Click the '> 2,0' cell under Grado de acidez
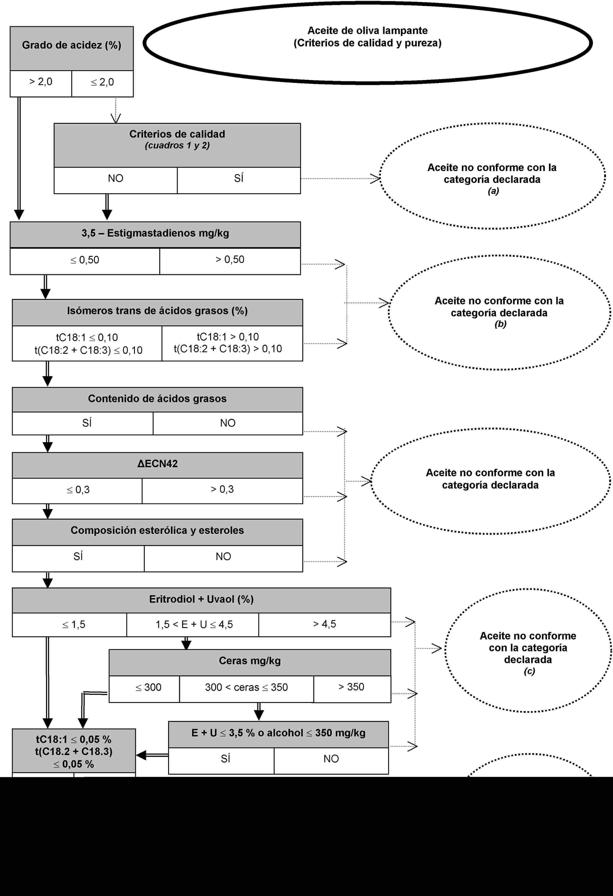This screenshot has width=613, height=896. click(x=41, y=82)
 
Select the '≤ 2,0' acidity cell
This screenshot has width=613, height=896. click(x=102, y=82)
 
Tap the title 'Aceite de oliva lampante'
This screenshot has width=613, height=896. click(x=367, y=30)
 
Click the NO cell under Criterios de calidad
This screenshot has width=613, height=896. click(x=115, y=178)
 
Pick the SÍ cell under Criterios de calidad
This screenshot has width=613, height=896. click(x=239, y=178)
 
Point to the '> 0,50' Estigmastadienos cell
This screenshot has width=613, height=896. click(x=230, y=260)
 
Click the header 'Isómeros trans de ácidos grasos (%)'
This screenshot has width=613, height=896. click(x=157, y=311)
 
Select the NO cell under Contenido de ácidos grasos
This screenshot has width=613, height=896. click(x=228, y=423)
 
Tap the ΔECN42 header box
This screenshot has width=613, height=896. click(x=157, y=464)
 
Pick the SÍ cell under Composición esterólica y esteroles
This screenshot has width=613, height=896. click(x=78, y=557)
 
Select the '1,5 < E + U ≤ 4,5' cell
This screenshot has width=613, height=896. click(x=194, y=625)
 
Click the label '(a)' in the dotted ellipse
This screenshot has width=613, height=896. click(x=493, y=191)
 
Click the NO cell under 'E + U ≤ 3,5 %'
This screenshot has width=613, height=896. click(x=331, y=759)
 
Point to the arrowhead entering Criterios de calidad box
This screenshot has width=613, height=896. click(x=116, y=118)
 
